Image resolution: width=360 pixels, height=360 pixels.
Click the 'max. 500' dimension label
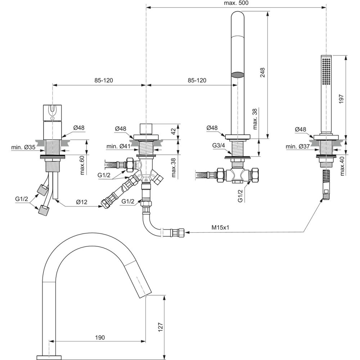click(x=236, y=3)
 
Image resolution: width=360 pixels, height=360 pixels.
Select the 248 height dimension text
click(x=263, y=73)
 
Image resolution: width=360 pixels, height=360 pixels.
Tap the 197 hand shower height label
click(x=341, y=99)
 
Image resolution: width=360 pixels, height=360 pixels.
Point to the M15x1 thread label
click(x=220, y=228)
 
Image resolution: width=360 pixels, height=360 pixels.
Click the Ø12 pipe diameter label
click(x=82, y=202)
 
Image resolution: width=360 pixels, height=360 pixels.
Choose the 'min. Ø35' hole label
click(x=23, y=147)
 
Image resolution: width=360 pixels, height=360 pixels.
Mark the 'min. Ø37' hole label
click(x=298, y=146)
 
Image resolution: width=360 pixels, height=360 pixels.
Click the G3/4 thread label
click(x=219, y=145)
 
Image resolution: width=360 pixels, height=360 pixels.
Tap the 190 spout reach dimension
click(x=100, y=337)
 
